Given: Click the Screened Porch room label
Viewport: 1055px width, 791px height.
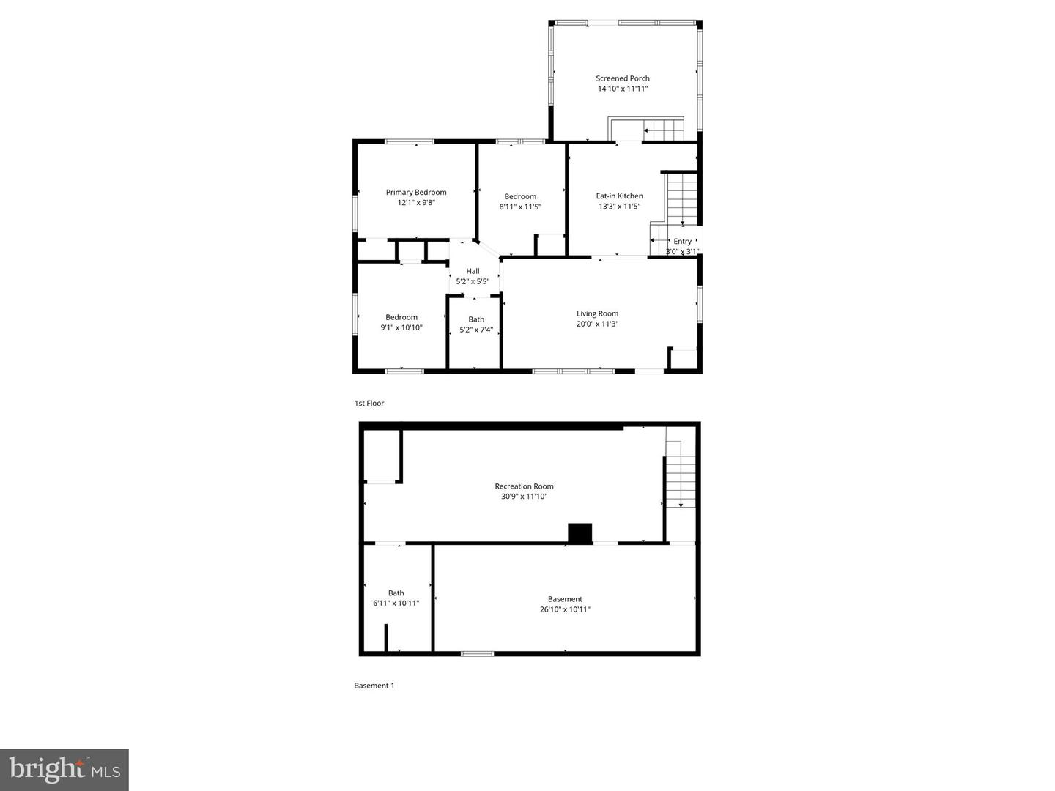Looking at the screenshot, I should click(x=622, y=78).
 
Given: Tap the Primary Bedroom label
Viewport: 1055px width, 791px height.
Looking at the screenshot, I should click(x=416, y=193).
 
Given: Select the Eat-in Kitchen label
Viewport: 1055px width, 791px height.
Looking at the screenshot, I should click(x=619, y=196).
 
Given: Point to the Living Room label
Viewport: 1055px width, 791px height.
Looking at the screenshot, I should click(x=597, y=313).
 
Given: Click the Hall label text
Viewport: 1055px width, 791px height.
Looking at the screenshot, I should click(x=473, y=271).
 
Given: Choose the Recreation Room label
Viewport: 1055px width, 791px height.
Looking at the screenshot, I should click(x=524, y=486).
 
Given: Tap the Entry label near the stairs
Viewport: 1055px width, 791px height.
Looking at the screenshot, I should click(x=682, y=242).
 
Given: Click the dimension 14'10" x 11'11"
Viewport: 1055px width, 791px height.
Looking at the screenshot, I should click(x=622, y=89).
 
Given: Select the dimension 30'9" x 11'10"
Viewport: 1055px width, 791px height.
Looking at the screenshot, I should click(x=524, y=497).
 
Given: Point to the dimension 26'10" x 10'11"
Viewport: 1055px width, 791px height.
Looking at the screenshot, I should click(x=565, y=609).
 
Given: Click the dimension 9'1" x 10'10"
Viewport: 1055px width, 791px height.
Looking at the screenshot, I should click(x=401, y=327).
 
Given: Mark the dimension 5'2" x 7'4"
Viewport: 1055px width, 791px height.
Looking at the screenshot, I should click(x=476, y=330).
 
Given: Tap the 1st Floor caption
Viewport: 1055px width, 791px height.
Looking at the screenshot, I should click(x=369, y=404).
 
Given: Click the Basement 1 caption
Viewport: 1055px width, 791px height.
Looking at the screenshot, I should click(x=374, y=686).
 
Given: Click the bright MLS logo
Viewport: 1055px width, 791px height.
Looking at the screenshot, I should click(x=64, y=769).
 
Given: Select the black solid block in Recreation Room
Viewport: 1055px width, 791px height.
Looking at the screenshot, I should click(x=580, y=533).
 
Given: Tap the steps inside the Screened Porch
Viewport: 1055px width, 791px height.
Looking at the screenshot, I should click(x=663, y=130).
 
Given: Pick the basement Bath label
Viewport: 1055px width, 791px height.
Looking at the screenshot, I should click(x=396, y=593).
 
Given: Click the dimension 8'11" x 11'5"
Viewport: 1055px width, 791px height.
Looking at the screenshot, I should click(x=520, y=207).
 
